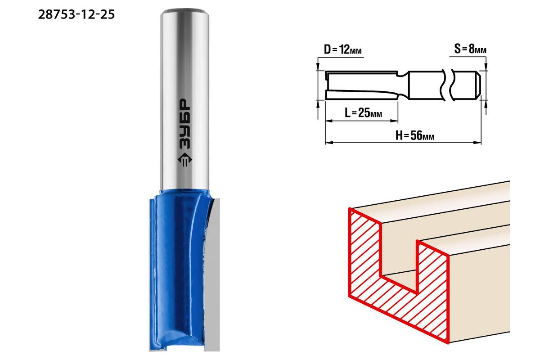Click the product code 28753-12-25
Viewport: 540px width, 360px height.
pyautogui.click(x=76, y=14)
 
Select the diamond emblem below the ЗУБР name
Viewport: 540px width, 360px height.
pyautogui.click(x=184, y=160)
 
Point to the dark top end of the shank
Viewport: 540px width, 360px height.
pyautogui.click(x=184, y=11)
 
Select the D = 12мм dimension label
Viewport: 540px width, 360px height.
pyautogui.click(x=342, y=49)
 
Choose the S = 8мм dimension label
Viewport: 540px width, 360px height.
pyautogui.click(x=470, y=49)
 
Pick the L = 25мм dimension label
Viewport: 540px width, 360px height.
pyautogui.click(x=363, y=112)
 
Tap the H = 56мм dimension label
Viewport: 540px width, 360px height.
pyautogui.click(x=414, y=135)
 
